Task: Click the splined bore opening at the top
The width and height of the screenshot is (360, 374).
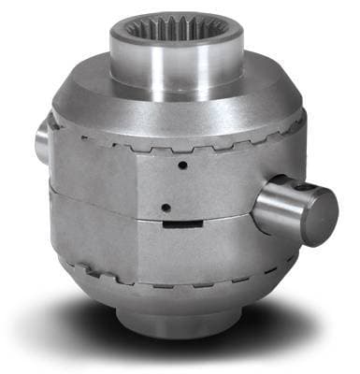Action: coord(178,29)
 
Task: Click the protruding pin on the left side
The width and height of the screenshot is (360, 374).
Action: coord(43,140)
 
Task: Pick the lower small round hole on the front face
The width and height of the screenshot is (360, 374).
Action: coord(165,208)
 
